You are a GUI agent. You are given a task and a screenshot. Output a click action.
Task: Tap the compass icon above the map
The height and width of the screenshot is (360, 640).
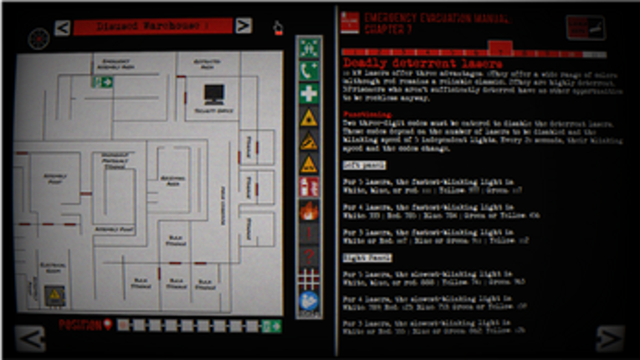pyautogui.click(x=38, y=39)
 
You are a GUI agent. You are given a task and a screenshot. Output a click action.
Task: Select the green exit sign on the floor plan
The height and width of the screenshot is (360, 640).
pyautogui.click(x=103, y=82)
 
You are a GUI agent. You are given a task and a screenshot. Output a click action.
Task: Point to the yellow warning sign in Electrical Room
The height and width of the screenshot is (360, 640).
pyautogui.click(x=54, y=295)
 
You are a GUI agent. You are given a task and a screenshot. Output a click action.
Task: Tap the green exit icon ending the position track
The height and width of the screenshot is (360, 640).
pyautogui.click(x=271, y=326)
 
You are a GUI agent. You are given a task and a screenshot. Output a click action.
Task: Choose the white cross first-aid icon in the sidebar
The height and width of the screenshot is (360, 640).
pyautogui.click(x=309, y=94)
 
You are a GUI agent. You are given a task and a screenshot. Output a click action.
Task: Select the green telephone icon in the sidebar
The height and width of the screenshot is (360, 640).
pyautogui.click(x=309, y=71)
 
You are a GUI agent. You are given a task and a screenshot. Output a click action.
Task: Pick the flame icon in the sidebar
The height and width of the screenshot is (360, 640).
pyautogui.click(x=309, y=210)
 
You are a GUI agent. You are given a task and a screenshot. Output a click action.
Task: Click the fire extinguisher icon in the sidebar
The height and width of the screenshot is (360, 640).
pyautogui.click(x=309, y=187)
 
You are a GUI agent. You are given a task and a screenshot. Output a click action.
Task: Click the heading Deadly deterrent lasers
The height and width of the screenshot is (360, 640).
pyautogui.click(x=422, y=64)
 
